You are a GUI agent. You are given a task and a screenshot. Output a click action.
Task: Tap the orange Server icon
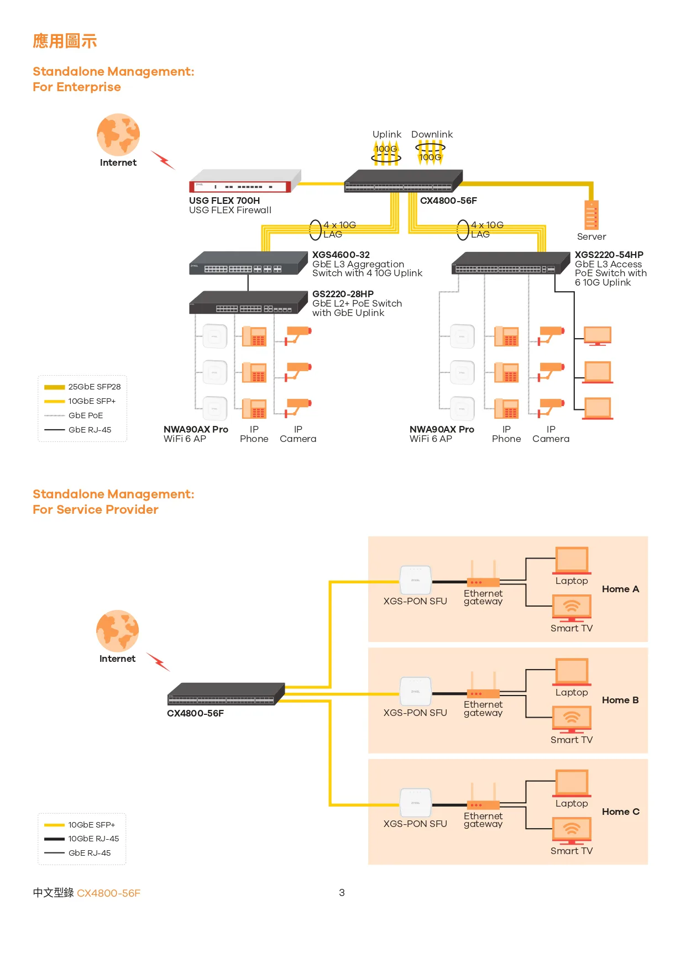(591, 215)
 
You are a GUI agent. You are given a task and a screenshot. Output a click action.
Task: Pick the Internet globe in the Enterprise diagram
(118, 135)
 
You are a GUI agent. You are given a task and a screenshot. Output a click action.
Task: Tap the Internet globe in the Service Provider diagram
(117, 631)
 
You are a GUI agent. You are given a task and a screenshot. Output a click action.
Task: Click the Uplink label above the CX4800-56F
(386, 134)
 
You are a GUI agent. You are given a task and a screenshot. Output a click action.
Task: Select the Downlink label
(432, 134)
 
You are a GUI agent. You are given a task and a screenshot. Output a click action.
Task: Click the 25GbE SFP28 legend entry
(94, 387)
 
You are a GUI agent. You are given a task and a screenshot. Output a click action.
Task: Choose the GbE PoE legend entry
(85, 415)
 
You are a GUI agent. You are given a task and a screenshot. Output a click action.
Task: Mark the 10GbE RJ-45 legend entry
(93, 839)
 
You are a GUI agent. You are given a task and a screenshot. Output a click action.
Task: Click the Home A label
(620, 589)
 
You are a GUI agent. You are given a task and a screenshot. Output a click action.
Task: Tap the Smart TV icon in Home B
(572, 719)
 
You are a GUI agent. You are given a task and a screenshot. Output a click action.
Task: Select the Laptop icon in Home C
(572, 783)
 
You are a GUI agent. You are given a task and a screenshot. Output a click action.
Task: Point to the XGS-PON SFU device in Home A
(415, 582)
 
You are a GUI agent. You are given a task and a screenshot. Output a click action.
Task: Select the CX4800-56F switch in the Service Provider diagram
(226, 694)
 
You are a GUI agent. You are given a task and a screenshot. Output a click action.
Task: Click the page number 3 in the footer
(342, 893)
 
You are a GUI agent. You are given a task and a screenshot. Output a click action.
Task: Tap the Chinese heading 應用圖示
(65, 41)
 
